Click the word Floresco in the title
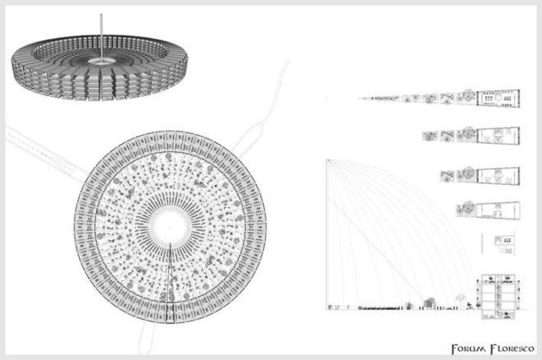click(x=513, y=348)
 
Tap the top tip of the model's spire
click(x=101, y=15)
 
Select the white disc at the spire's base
click(x=102, y=61)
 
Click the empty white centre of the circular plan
click(x=170, y=227)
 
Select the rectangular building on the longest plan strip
click(x=498, y=98)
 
